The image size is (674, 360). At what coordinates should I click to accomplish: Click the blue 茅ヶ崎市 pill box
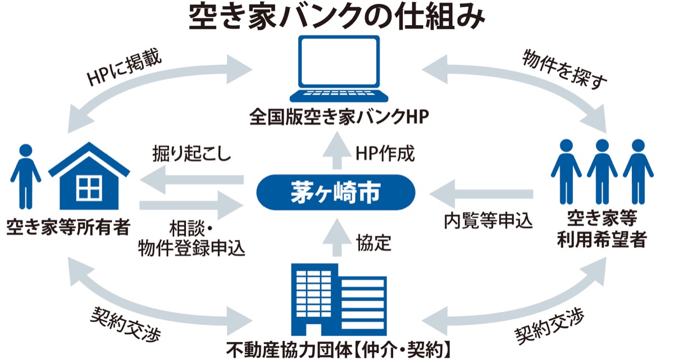(x=336, y=193)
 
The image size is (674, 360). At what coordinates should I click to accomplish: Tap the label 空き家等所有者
(x=68, y=227)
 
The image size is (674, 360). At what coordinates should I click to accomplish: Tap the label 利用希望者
(x=600, y=241)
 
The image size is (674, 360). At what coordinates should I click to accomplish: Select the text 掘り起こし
(x=191, y=154)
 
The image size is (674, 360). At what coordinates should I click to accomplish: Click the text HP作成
(x=385, y=153)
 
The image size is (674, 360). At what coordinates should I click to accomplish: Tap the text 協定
(x=374, y=243)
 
